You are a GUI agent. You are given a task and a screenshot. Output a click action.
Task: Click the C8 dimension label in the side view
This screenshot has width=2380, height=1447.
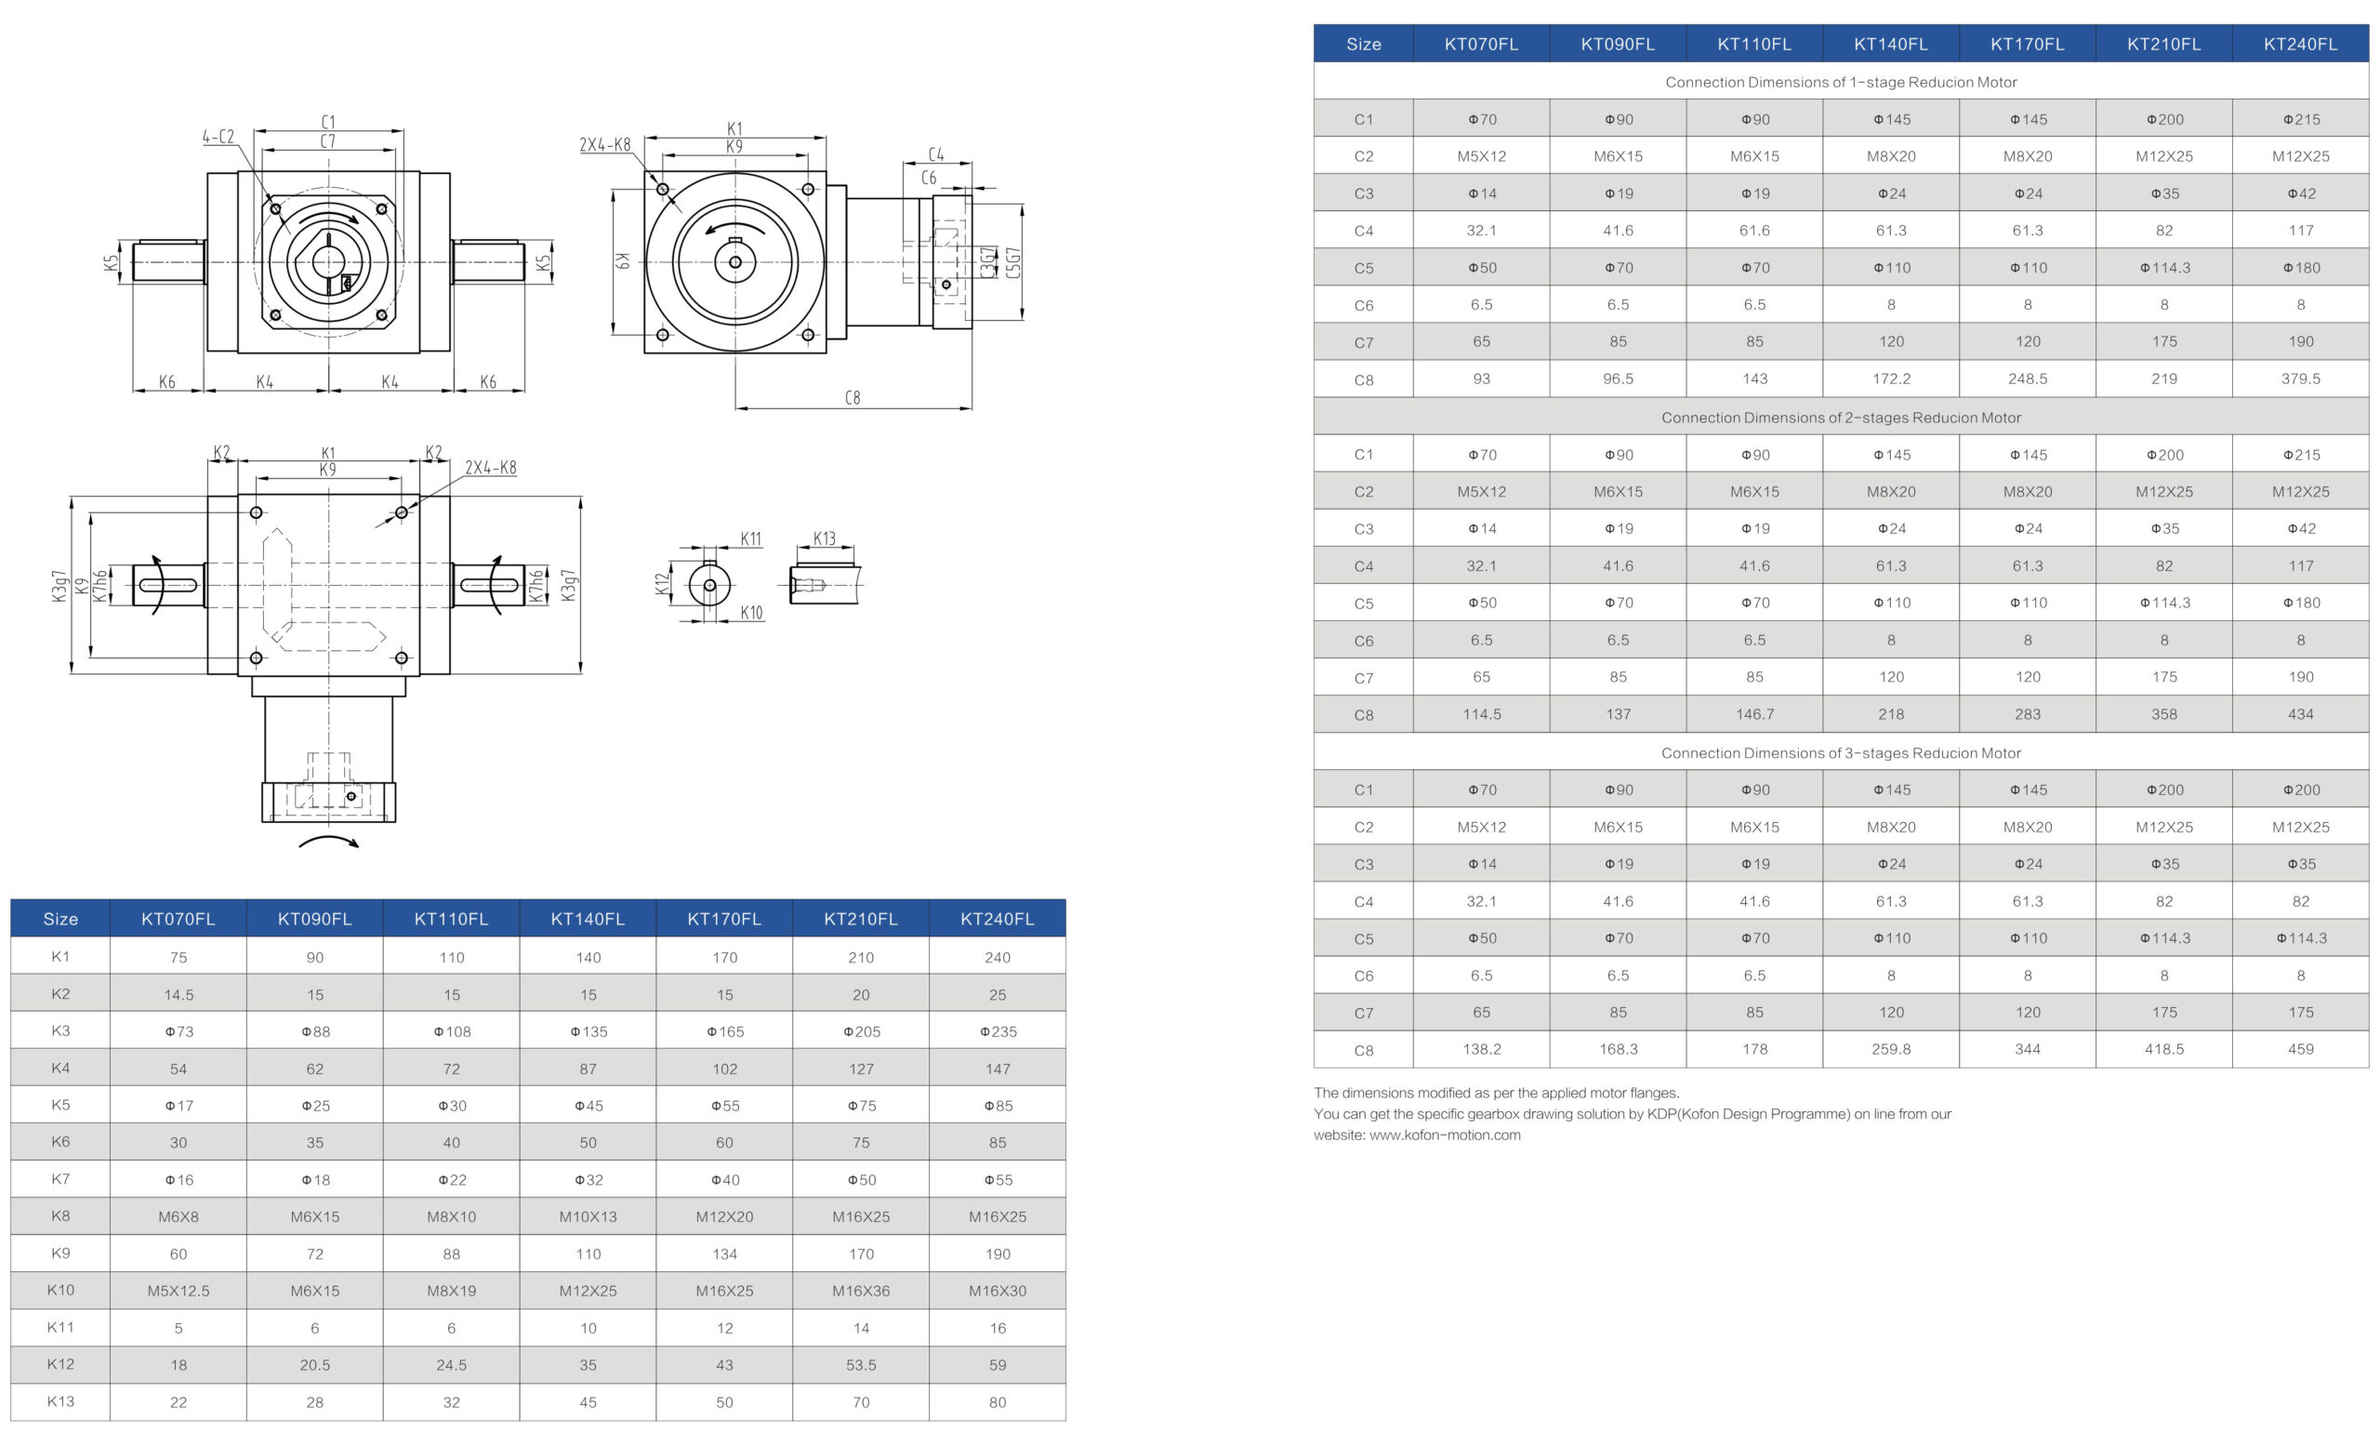(852, 397)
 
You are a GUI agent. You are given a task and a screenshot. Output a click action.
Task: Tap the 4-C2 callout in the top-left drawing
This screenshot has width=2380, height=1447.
(218, 136)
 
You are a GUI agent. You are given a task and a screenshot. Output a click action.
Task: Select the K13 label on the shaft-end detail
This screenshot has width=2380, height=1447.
(824, 538)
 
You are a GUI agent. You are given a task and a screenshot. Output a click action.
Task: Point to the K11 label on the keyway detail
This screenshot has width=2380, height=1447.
(750, 539)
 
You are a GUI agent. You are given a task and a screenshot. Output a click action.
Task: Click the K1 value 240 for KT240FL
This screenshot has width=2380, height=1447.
(997, 957)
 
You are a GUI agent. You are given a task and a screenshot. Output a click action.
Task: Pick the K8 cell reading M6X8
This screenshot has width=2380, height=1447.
(178, 1216)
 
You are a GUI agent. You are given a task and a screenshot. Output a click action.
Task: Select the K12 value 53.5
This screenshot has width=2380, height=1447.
(861, 1365)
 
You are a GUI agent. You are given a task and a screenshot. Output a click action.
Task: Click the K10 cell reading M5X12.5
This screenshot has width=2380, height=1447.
(178, 1291)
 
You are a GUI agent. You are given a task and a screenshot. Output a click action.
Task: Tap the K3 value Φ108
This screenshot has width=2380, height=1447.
(452, 1031)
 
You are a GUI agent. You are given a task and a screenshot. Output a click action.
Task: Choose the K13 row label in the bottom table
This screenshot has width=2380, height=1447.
(59, 1401)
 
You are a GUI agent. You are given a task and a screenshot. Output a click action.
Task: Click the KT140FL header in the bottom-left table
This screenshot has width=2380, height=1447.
(588, 919)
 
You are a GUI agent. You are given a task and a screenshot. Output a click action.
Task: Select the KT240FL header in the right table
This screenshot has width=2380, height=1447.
(2300, 44)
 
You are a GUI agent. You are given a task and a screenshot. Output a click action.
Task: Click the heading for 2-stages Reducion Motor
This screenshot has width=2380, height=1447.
(1840, 418)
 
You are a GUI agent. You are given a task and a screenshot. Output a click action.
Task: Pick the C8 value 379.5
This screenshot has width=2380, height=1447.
(2300, 378)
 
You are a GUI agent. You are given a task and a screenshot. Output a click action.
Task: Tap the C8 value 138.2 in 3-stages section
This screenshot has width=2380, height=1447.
(1481, 1049)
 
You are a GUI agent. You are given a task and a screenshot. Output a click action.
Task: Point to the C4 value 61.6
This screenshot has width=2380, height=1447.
(1754, 230)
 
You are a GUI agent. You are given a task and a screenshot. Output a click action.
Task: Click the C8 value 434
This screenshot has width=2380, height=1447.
(2300, 714)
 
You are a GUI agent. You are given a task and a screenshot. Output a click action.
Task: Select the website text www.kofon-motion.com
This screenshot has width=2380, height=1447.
(1444, 1135)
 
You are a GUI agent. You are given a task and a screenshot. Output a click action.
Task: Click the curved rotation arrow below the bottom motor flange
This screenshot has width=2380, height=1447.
(328, 842)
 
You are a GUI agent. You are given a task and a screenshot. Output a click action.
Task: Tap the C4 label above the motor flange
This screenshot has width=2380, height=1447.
(936, 154)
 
